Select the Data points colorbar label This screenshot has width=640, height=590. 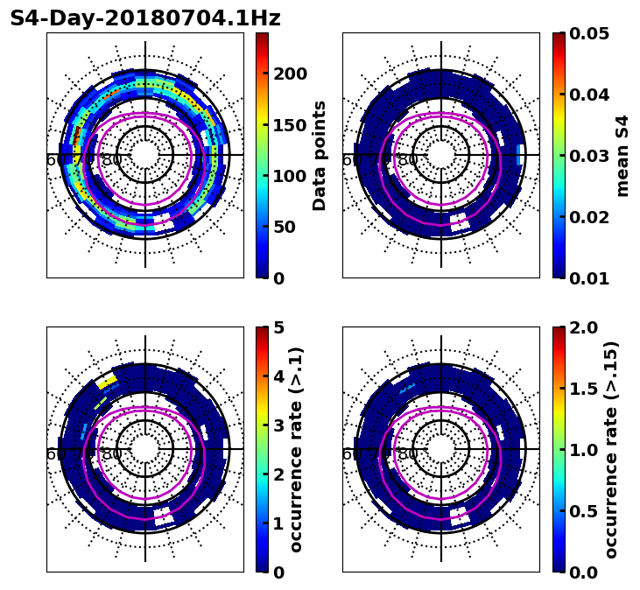pos(320,155)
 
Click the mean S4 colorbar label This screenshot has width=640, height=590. pos(622,155)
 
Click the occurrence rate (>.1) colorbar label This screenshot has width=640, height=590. pos(296,449)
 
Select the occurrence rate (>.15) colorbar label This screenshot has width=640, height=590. pos(611,449)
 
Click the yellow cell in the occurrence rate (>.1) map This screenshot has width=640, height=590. pos(107,381)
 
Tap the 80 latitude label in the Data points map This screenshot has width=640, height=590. pos(112,160)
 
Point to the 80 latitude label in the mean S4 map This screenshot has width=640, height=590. pos(408,160)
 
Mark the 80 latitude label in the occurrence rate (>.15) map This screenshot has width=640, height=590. pos(408,454)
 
